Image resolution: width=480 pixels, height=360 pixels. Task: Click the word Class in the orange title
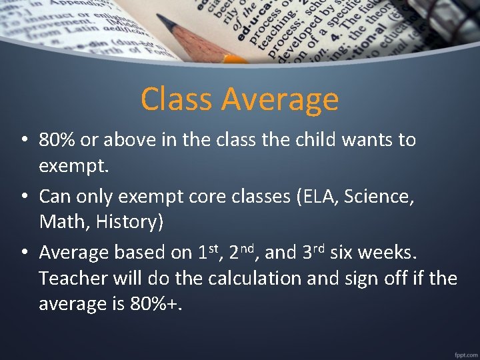177,99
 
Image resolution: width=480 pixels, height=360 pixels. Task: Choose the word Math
63,222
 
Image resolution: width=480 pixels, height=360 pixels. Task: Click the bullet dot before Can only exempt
23,197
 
